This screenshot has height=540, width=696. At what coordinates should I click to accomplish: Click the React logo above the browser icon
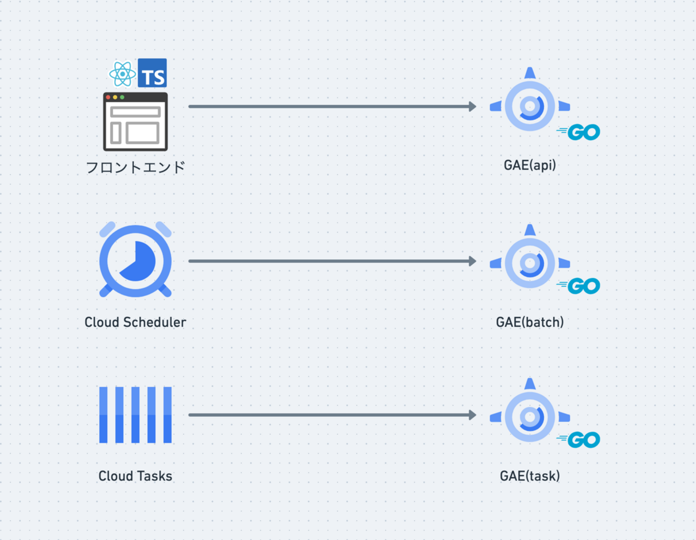(x=122, y=74)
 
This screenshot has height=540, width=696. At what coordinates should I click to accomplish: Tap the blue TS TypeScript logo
(x=152, y=73)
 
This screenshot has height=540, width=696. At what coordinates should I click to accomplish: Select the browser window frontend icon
(x=135, y=122)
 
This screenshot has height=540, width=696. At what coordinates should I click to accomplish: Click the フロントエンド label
(x=135, y=168)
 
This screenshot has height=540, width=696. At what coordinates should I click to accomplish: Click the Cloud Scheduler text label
(x=135, y=322)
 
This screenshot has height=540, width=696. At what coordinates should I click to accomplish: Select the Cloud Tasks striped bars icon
(x=135, y=414)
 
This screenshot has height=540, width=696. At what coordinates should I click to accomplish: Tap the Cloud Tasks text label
(x=135, y=476)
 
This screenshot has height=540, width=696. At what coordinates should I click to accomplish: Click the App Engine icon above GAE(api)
(x=530, y=105)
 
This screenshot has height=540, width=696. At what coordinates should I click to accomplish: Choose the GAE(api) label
(x=530, y=165)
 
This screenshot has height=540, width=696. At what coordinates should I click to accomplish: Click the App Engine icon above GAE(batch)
(x=530, y=262)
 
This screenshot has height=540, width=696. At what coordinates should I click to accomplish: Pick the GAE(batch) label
(x=530, y=322)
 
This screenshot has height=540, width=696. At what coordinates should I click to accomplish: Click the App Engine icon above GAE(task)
(x=530, y=416)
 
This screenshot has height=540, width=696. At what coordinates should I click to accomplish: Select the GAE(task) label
(x=530, y=476)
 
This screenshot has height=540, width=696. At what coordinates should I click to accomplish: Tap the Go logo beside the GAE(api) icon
(x=580, y=132)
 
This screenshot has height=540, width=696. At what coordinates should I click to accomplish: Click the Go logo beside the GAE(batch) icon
(x=580, y=286)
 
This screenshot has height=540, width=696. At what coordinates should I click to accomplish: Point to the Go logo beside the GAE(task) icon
(x=580, y=440)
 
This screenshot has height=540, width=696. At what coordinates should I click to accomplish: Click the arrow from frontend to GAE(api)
(x=332, y=106)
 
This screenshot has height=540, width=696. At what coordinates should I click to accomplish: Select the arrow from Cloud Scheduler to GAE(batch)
(x=332, y=261)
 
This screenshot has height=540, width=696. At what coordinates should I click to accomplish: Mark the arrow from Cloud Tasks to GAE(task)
(x=332, y=414)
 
